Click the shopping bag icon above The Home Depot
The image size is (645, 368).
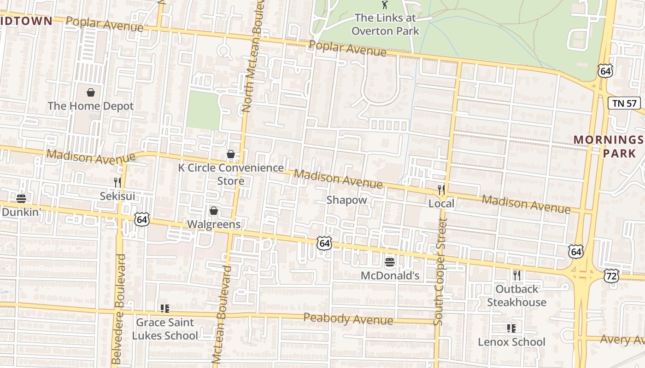(x=91, y=92)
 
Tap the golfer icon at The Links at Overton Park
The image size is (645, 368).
(x=385, y=5)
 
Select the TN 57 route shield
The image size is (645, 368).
(x=625, y=103)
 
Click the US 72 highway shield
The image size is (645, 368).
(x=611, y=276)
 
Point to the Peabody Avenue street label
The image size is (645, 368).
(x=348, y=319)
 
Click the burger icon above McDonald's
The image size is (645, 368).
(x=390, y=262)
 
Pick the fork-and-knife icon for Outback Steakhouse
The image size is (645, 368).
(x=517, y=276)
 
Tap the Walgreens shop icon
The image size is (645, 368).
(x=213, y=211)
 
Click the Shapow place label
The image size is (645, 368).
(x=346, y=200)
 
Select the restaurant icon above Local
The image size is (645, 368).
(x=441, y=190)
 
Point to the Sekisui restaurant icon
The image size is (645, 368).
(x=117, y=183)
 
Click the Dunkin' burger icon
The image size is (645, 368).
(x=21, y=199)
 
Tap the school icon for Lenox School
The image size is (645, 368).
(x=511, y=328)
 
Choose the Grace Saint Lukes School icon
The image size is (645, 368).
(x=164, y=309)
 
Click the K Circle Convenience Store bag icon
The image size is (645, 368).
(x=231, y=154)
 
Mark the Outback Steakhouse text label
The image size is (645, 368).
(x=516, y=296)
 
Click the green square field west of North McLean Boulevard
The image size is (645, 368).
(x=203, y=110)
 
